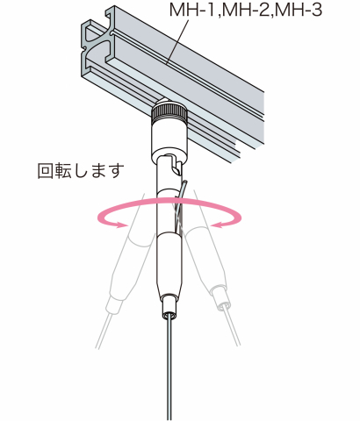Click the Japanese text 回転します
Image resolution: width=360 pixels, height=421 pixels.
[81, 170]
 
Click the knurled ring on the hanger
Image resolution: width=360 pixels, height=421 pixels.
[169, 111]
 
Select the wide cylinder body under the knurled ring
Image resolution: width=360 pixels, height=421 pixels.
[169, 138]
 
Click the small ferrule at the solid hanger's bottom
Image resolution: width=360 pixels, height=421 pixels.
[169, 306]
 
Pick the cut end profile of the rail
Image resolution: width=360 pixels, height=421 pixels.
[97, 48]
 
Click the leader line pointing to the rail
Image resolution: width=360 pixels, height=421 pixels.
[176, 41]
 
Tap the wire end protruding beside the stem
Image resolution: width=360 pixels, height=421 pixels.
[181, 204]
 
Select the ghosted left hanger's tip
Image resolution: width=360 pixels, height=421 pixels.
[113, 304]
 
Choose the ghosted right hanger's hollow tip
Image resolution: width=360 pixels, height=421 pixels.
[224, 304]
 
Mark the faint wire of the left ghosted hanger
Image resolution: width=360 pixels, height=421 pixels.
[104, 331]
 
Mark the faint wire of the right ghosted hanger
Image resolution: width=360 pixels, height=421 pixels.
[233, 328]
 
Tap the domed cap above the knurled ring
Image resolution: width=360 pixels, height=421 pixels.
[169, 103]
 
